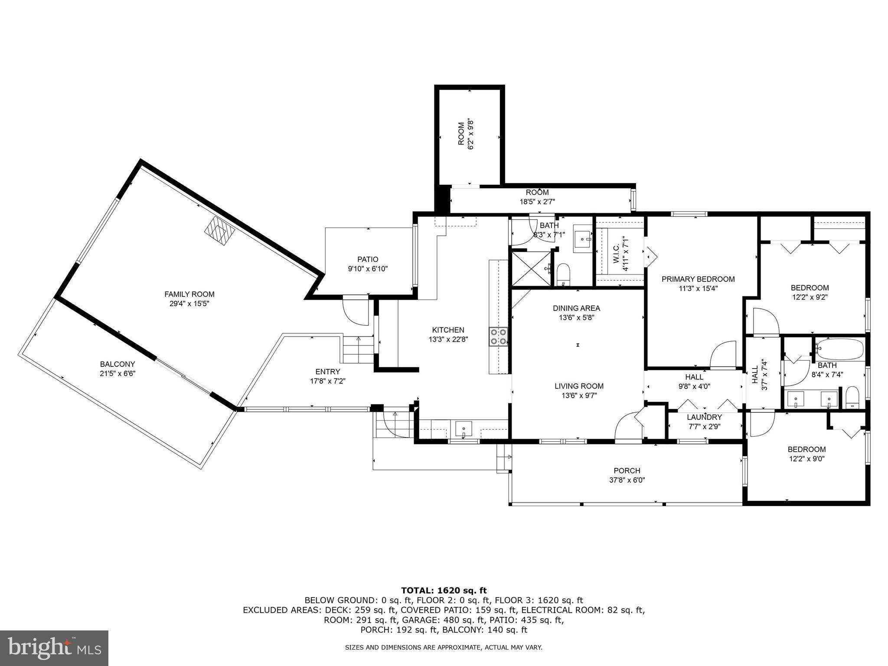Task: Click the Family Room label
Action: point(189,294)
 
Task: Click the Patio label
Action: point(368,259)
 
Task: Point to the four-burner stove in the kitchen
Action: point(499,337)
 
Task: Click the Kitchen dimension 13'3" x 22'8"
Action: point(448,340)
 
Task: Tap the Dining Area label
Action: point(576,308)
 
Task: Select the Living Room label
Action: point(579,386)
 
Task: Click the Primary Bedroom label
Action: point(698,279)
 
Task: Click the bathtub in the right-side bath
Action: point(840,349)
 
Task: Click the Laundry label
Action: point(704,417)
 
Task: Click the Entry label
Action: point(328,372)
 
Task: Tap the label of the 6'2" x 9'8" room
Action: point(461,134)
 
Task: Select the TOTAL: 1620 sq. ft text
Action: point(444,590)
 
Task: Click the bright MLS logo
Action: point(54,648)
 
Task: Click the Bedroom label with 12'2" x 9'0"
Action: point(806,449)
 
